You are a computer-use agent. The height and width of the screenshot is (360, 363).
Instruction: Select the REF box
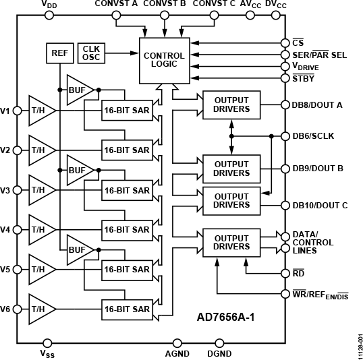click(59, 52)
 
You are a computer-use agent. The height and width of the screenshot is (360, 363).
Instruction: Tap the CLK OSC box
click(90, 52)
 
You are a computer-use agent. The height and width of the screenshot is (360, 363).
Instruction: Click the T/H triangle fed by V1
click(39, 110)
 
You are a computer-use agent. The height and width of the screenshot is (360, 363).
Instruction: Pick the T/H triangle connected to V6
click(39, 309)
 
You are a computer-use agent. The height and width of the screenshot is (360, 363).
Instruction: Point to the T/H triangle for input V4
click(39, 230)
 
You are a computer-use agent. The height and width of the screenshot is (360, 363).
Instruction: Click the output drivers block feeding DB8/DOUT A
click(231, 104)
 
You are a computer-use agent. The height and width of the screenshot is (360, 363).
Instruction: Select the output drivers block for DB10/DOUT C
click(231, 200)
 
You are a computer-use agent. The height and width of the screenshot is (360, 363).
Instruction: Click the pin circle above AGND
click(177, 342)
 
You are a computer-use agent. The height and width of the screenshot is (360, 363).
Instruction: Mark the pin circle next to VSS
click(47, 342)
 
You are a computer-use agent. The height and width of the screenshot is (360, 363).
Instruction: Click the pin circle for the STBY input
click(285, 79)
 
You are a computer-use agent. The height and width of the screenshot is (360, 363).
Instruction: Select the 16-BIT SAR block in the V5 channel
click(127, 270)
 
